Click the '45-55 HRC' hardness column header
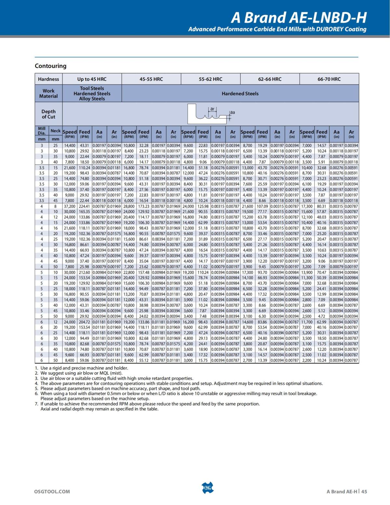click(151, 79)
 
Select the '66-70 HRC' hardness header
click(329, 79)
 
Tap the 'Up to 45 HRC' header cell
click(92, 79)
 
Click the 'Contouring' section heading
click(50, 66)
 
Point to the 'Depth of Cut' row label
click(48, 114)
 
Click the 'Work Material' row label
click(48, 93)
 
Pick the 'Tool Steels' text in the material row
click(92, 88)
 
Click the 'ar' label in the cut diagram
click(212, 109)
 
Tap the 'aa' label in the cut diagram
click(232, 113)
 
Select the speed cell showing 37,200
click(70, 206)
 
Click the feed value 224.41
click(84, 206)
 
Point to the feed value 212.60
click(84, 272)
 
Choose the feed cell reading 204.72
click(84, 322)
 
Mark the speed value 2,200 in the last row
click(307, 360)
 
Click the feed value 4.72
click(321, 316)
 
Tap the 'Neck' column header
click(56, 131)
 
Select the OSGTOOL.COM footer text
click(52, 491)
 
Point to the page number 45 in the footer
click(364, 491)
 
